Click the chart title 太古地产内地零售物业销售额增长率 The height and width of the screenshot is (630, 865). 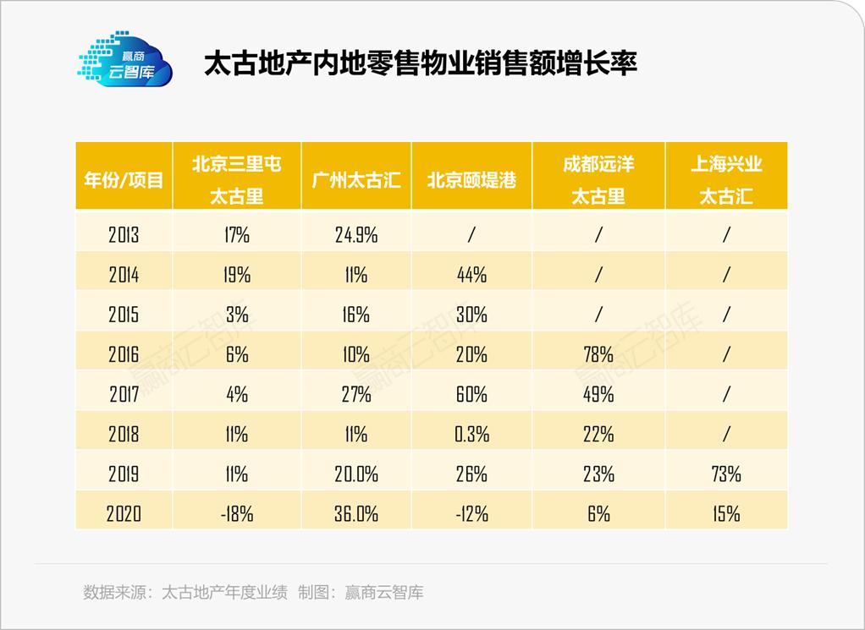(x=420, y=65)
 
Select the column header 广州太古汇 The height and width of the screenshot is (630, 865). (x=356, y=180)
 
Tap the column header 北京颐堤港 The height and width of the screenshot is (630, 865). (x=471, y=180)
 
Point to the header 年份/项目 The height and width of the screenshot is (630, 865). (x=124, y=180)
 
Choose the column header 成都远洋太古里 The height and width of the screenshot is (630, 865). (x=598, y=180)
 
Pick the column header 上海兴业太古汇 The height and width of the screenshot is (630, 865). (x=726, y=180)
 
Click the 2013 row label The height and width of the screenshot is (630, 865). (x=124, y=235)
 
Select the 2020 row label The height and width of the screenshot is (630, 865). (x=124, y=513)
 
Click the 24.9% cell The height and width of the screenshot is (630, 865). (x=356, y=235)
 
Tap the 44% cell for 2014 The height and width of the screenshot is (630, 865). (x=471, y=275)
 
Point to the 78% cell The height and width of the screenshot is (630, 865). (x=598, y=354)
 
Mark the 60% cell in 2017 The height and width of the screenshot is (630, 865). (x=471, y=394)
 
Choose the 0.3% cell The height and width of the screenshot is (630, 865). (x=471, y=434)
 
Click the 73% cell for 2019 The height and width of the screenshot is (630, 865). (x=726, y=474)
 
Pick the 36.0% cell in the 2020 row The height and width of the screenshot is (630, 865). (x=356, y=513)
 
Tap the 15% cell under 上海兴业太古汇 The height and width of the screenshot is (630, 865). (x=726, y=513)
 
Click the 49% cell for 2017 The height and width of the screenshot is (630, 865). (x=598, y=394)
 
